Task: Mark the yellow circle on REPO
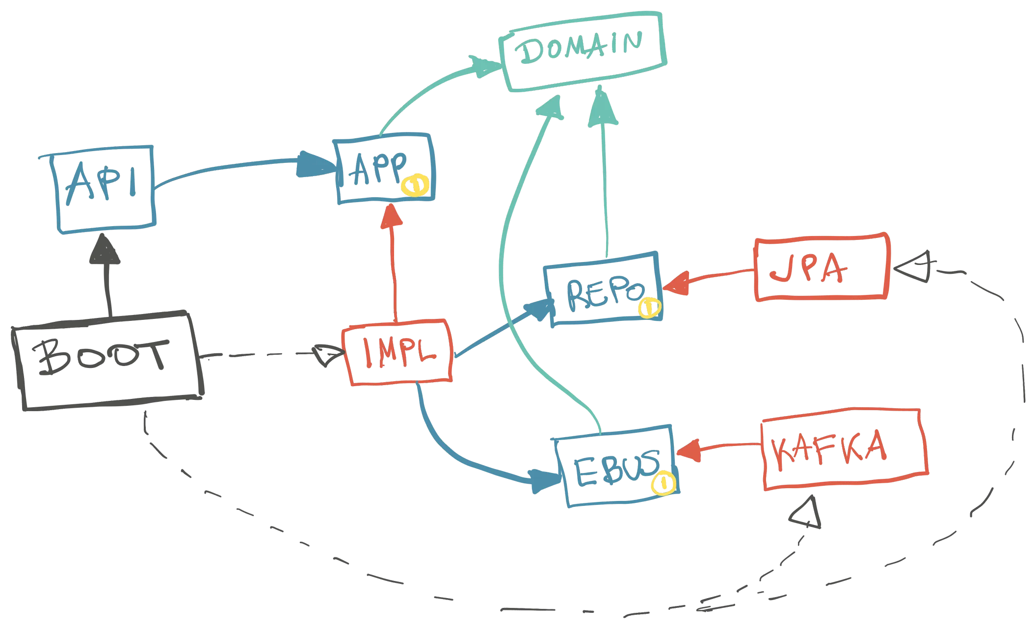pyautogui.click(x=649, y=308)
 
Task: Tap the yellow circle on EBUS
pyautogui.click(x=663, y=484)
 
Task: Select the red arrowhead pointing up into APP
pyautogui.click(x=393, y=216)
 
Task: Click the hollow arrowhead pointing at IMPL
pyautogui.click(x=326, y=354)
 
